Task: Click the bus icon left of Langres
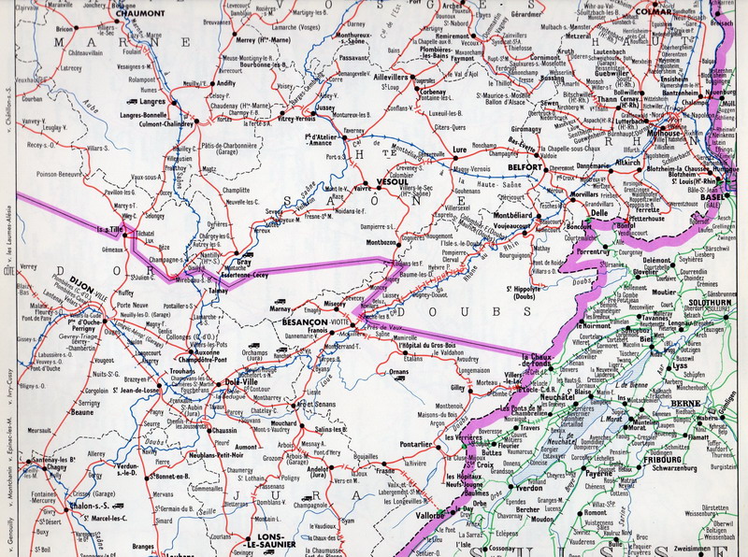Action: point(131,101)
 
